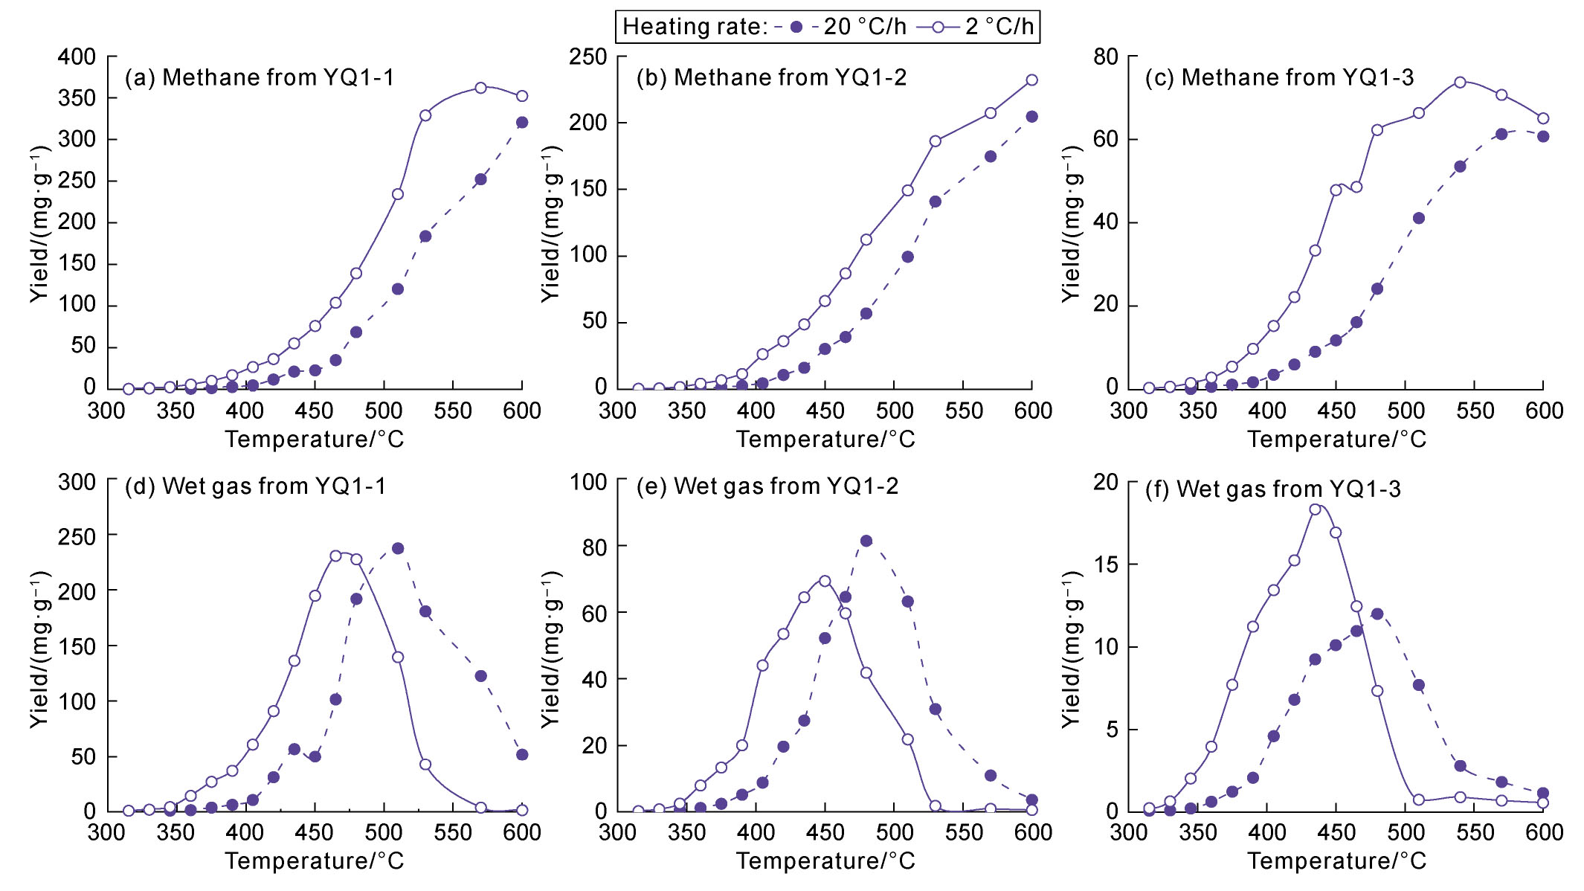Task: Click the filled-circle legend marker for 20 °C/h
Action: pyautogui.click(x=796, y=27)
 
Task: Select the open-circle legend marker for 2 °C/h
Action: pyautogui.click(x=939, y=27)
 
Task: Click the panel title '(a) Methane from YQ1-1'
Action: pyautogui.click(x=260, y=77)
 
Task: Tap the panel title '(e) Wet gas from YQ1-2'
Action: pyautogui.click(x=767, y=486)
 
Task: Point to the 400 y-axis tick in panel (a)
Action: pyautogui.click(x=77, y=57)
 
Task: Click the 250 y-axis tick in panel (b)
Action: pyautogui.click(x=588, y=57)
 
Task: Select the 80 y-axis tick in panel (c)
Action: pyautogui.click(x=1106, y=57)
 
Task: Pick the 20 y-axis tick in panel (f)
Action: pyautogui.click(x=1106, y=482)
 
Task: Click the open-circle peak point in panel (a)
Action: pyautogui.click(x=480, y=88)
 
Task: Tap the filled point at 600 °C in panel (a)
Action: pyautogui.click(x=522, y=122)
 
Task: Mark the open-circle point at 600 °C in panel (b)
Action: pyautogui.click(x=1031, y=80)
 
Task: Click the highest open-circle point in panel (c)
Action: pyautogui.click(x=1460, y=82)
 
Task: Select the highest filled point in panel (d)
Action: pyautogui.click(x=398, y=548)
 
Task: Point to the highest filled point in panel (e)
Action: pyautogui.click(x=866, y=541)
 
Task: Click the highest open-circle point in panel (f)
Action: pyautogui.click(x=1315, y=509)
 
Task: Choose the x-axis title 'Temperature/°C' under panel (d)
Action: pyautogui.click(x=315, y=861)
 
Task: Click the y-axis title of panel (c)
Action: pyautogui.click(x=1072, y=223)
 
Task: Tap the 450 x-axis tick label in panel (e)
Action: pyautogui.click(x=825, y=832)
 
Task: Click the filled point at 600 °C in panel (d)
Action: pyautogui.click(x=522, y=754)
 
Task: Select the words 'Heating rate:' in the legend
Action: pyautogui.click(x=695, y=27)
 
